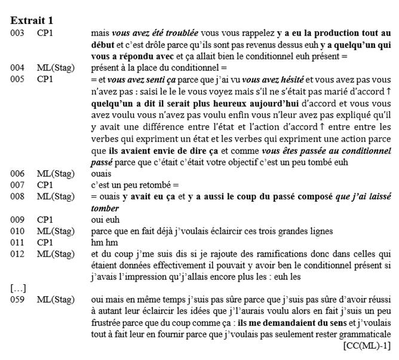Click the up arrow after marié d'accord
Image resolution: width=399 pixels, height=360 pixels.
coord(388,90)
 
